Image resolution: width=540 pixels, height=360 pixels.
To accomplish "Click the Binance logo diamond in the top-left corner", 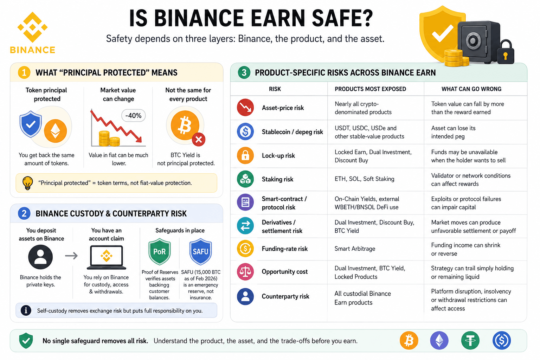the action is [x=33, y=27].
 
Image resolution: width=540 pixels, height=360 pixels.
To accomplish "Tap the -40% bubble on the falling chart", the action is [x=133, y=116].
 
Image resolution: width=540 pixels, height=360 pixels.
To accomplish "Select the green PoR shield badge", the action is [x=160, y=251].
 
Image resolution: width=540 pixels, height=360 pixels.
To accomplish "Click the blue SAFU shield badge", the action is [x=201, y=251].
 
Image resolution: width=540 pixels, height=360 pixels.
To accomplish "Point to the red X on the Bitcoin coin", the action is [x=199, y=139].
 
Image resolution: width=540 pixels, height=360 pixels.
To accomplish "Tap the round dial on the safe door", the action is [x=473, y=40].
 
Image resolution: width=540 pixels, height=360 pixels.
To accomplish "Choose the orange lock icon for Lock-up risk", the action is [x=245, y=155].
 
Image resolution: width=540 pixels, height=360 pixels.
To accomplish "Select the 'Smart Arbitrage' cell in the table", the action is [x=355, y=249].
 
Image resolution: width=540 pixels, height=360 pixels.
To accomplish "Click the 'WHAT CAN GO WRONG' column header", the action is [x=471, y=89].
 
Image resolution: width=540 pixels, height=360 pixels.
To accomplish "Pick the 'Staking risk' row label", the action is [x=277, y=179].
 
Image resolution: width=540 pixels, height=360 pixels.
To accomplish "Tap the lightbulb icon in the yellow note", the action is [x=27, y=183].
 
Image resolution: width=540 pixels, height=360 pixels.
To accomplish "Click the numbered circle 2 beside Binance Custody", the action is [x=24, y=213].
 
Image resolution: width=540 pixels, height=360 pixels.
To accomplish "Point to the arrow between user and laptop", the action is [x=71, y=255].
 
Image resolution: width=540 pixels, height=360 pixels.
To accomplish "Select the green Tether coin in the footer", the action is [x=470, y=340].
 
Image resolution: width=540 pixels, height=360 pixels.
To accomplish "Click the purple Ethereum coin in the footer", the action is [x=439, y=340].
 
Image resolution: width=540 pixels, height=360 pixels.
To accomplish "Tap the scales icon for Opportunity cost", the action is [x=245, y=271].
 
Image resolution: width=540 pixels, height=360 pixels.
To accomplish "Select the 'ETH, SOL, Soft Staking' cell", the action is [x=364, y=179].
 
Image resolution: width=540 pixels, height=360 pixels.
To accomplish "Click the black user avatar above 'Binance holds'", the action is [x=40, y=257].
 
